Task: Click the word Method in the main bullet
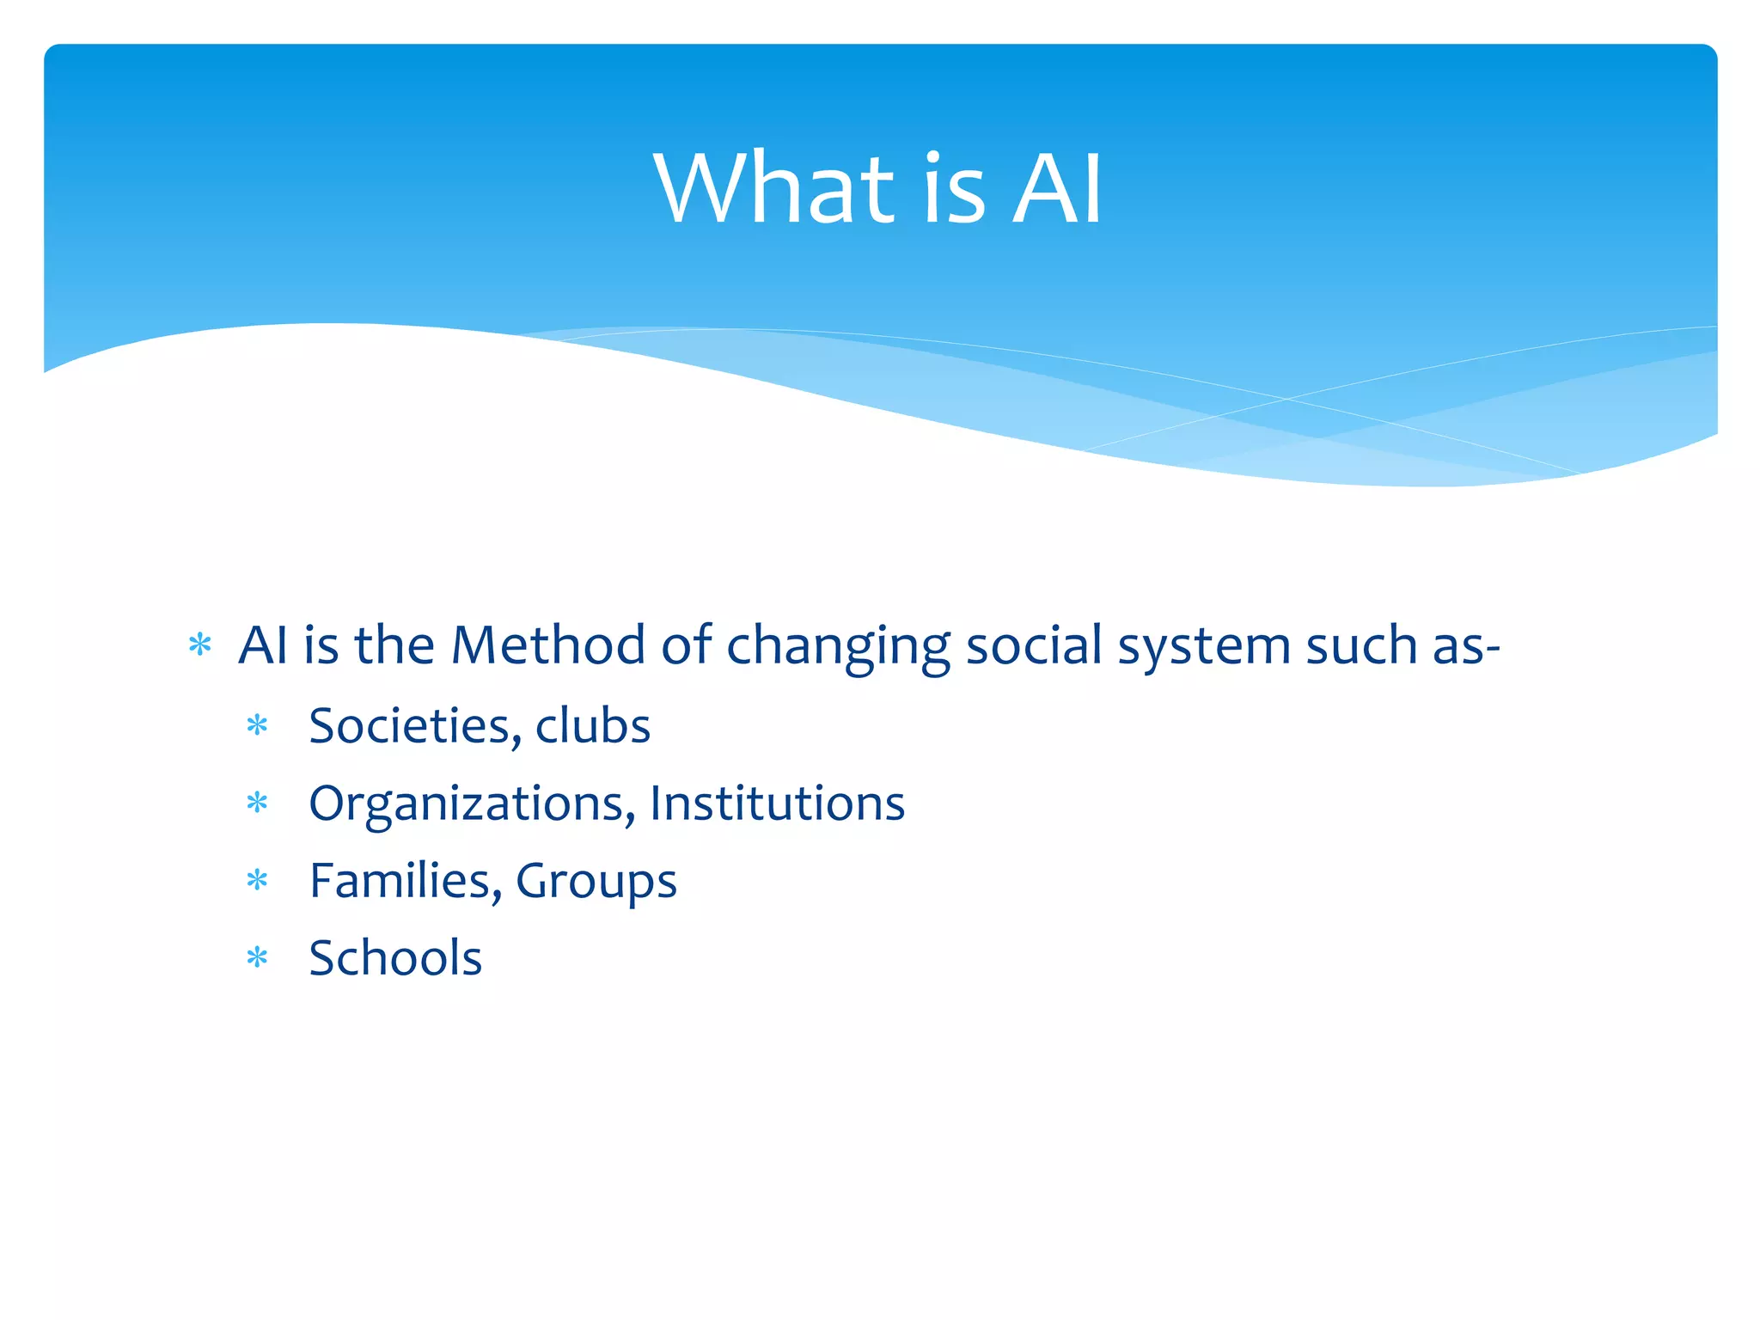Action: pos(547,645)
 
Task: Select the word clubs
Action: pos(593,726)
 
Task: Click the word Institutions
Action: pos(777,804)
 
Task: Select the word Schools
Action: pos(395,958)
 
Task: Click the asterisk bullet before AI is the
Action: pos(199,645)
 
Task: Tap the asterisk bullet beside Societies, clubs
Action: pos(257,727)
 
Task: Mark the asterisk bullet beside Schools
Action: pos(257,958)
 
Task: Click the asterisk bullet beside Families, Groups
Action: pos(257,881)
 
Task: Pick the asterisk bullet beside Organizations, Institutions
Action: pos(257,804)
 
